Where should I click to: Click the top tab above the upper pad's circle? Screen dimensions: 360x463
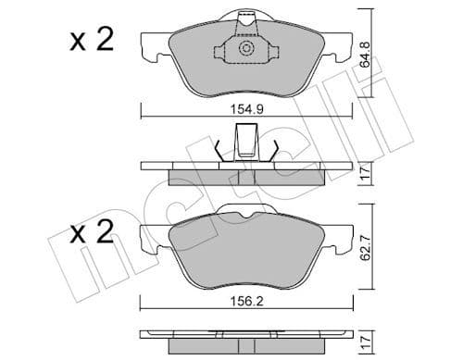point(246,19)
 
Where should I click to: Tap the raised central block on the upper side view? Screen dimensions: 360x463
point(246,144)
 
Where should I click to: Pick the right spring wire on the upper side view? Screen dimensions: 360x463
point(275,150)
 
